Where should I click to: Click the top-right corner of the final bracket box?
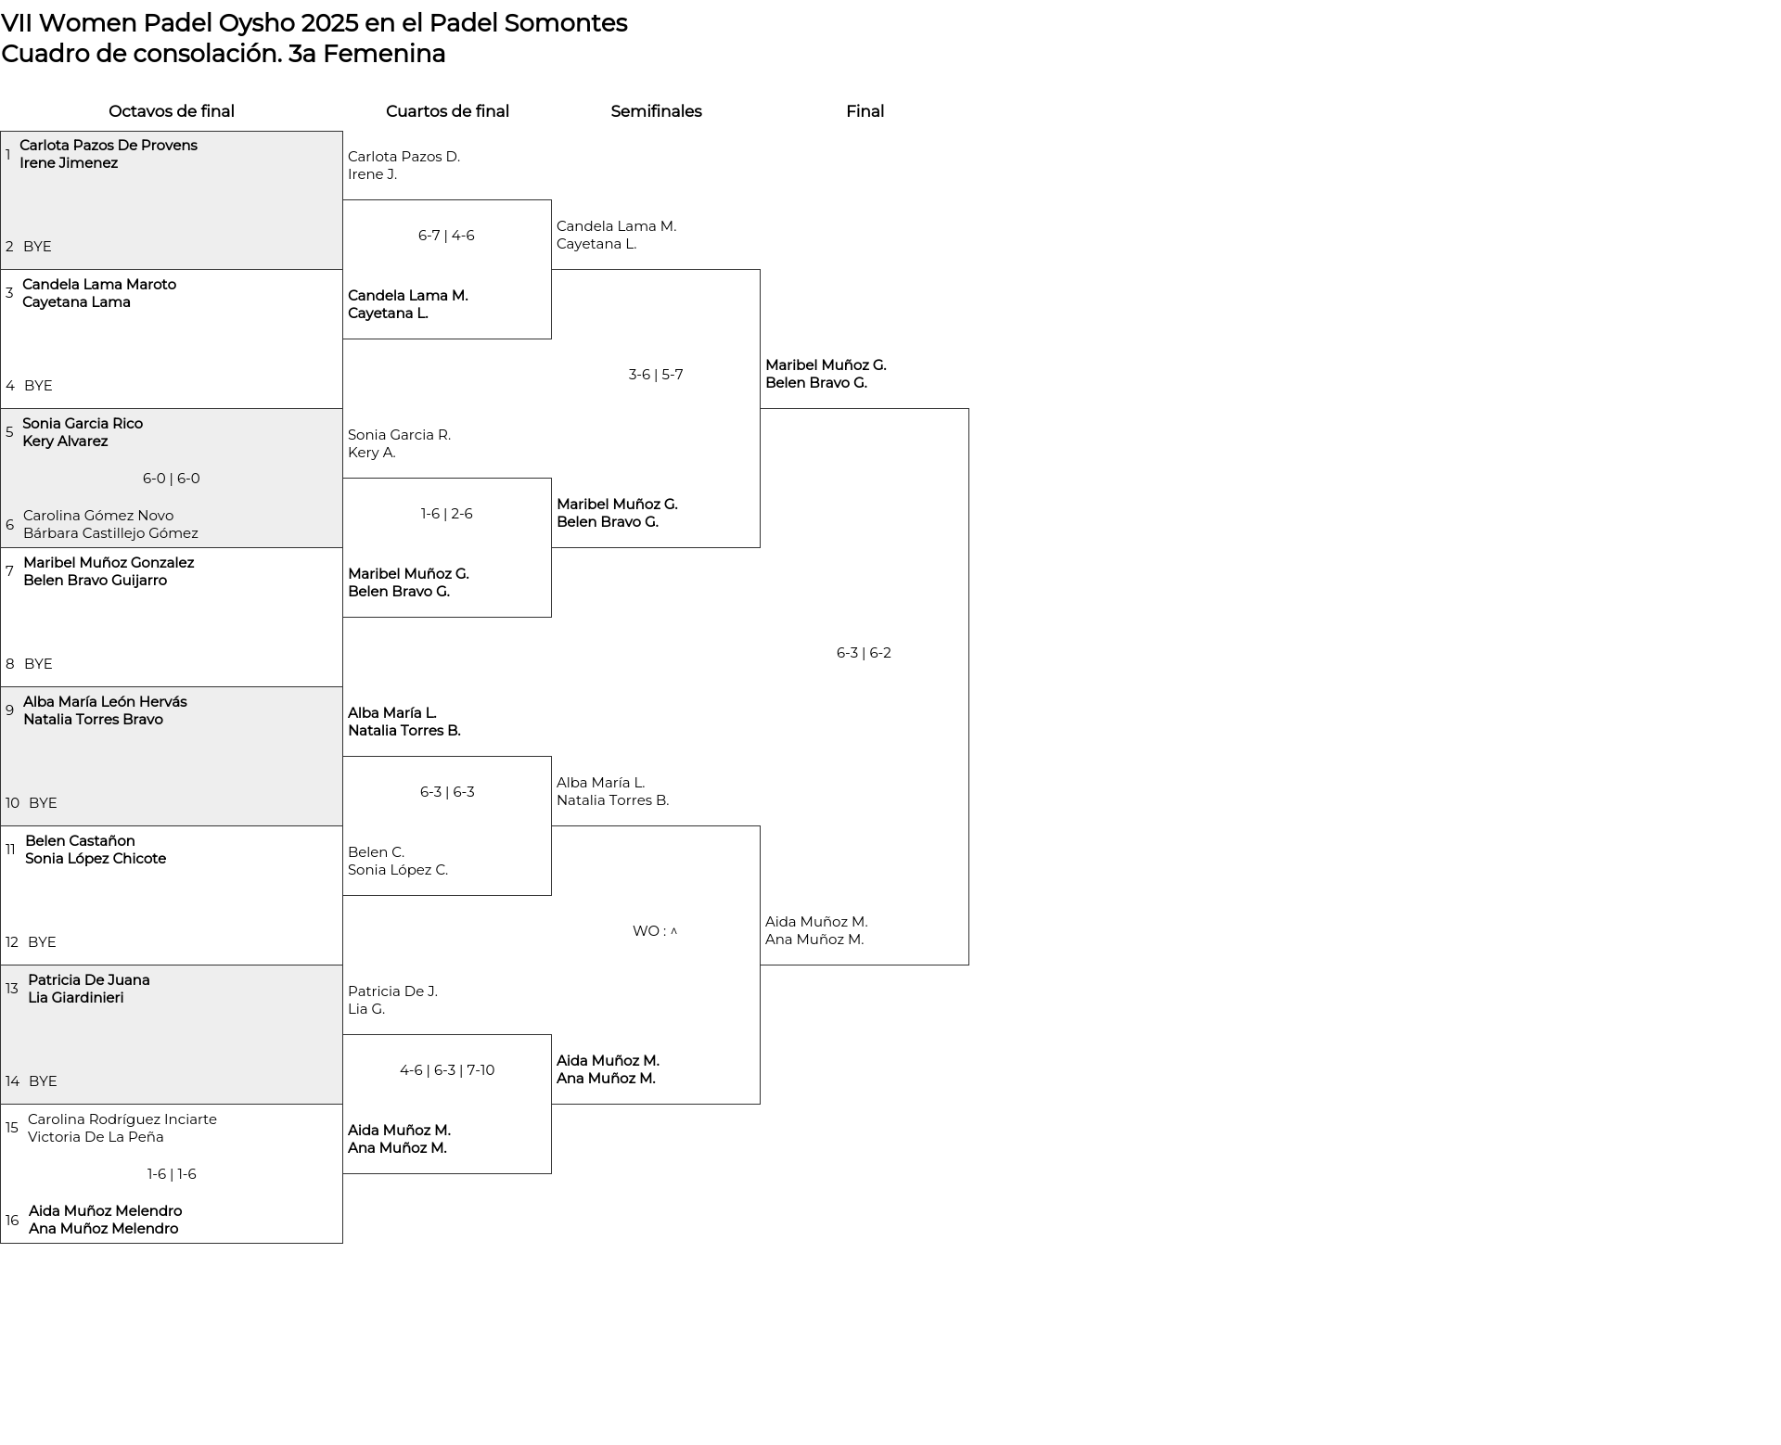click(968, 409)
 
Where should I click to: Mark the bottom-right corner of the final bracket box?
click(968, 965)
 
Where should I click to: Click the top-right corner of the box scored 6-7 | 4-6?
click(551, 200)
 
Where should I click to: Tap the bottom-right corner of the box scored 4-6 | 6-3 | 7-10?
click(551, 1173)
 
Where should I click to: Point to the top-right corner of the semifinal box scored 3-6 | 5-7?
click(760, 270)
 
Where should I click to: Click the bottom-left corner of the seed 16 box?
click(1, 1243)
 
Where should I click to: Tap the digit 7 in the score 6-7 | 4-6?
click(436, 236)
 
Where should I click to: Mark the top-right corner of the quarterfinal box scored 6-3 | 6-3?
click(551, 757)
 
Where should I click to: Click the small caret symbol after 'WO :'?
click(674, 931)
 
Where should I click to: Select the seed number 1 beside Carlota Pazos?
click(8, 154)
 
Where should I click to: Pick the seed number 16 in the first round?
click(12, 1220)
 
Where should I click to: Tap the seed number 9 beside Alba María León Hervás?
click(9, 710)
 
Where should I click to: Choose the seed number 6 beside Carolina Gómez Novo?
click(9, 525)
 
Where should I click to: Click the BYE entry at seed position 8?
click(38, 664)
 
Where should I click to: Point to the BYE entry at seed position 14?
click(43, 1081)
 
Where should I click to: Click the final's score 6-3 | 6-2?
click(864, 653)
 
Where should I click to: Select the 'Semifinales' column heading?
click(656, 111)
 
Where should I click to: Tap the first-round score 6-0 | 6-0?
click(172, 479)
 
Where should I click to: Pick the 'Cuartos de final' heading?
click(447, 111)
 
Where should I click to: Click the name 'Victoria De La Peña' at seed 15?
click(96, 1137)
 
